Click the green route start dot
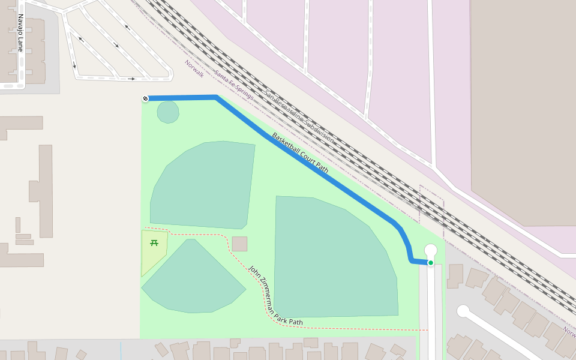pyautogui.click(x=430, y=263)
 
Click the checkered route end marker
pyautogui.click(x=145, y=98)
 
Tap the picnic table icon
pyautogui.click(x=154, y=243)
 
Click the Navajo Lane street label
pyautogui.click(x=20, y=33)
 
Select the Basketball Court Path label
pyautogui.click(x=300, y=153)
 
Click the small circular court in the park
pyautogui.click(x=168, y=112)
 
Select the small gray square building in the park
pyautogui.click(x=239, y=244)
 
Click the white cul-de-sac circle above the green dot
pyautogui.click(x=431, y=250)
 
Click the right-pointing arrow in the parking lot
pyautogui.click(x=131, y=79)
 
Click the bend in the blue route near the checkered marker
pyautogui.click(x=216, y=97)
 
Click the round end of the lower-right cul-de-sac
pyautogui.click(x=463, y=311)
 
